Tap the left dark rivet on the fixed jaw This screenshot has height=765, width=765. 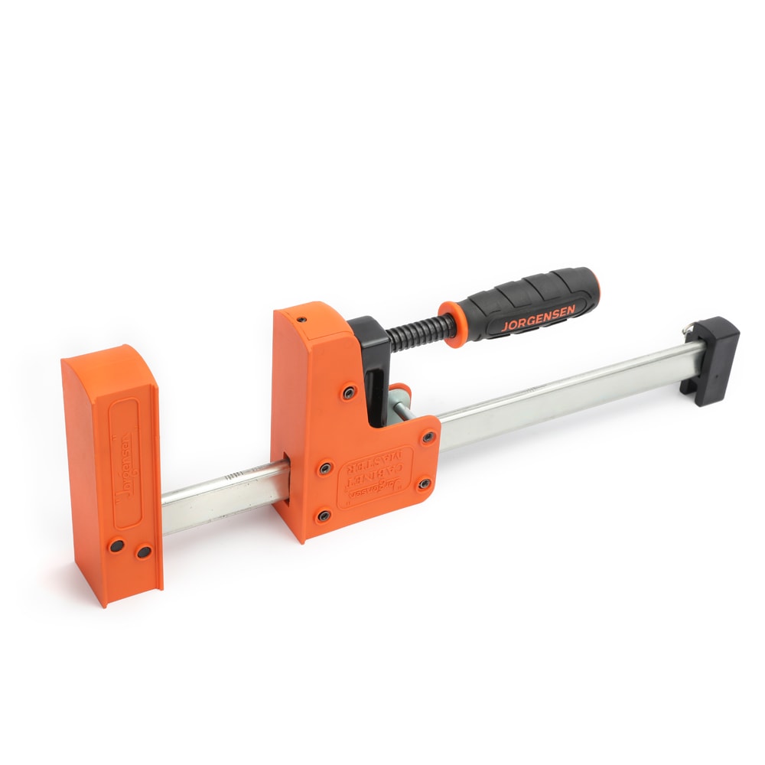(x=117, y=545)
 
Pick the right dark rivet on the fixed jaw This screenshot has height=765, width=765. (x=142, y=550)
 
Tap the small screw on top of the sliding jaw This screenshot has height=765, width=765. (x=303, y=318)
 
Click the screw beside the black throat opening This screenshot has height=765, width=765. (x=349, y=392)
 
